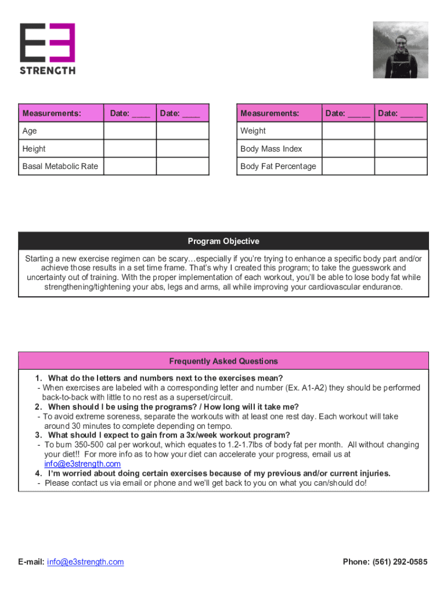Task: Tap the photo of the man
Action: (x=401, y=50)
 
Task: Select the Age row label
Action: (x=30, y=131)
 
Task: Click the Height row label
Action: (x=34, y=149)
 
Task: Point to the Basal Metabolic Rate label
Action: (x=60, y=166)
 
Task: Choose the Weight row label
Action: (x=253, y=131)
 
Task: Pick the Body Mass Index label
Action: (x=271, y=149)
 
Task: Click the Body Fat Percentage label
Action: (x=278, y=166)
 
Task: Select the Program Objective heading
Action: (x=223, y=241)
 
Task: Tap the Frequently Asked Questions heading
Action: (x=223, y=361)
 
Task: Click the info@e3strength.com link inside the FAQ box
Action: (x=82, y=464)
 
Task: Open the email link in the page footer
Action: (x=85, y=562)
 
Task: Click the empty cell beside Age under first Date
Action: (x=129, y=131)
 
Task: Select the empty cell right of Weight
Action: (x=348, y=131)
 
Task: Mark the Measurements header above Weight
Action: (x=270, y=113)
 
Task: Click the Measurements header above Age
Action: (x=52, y=113)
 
